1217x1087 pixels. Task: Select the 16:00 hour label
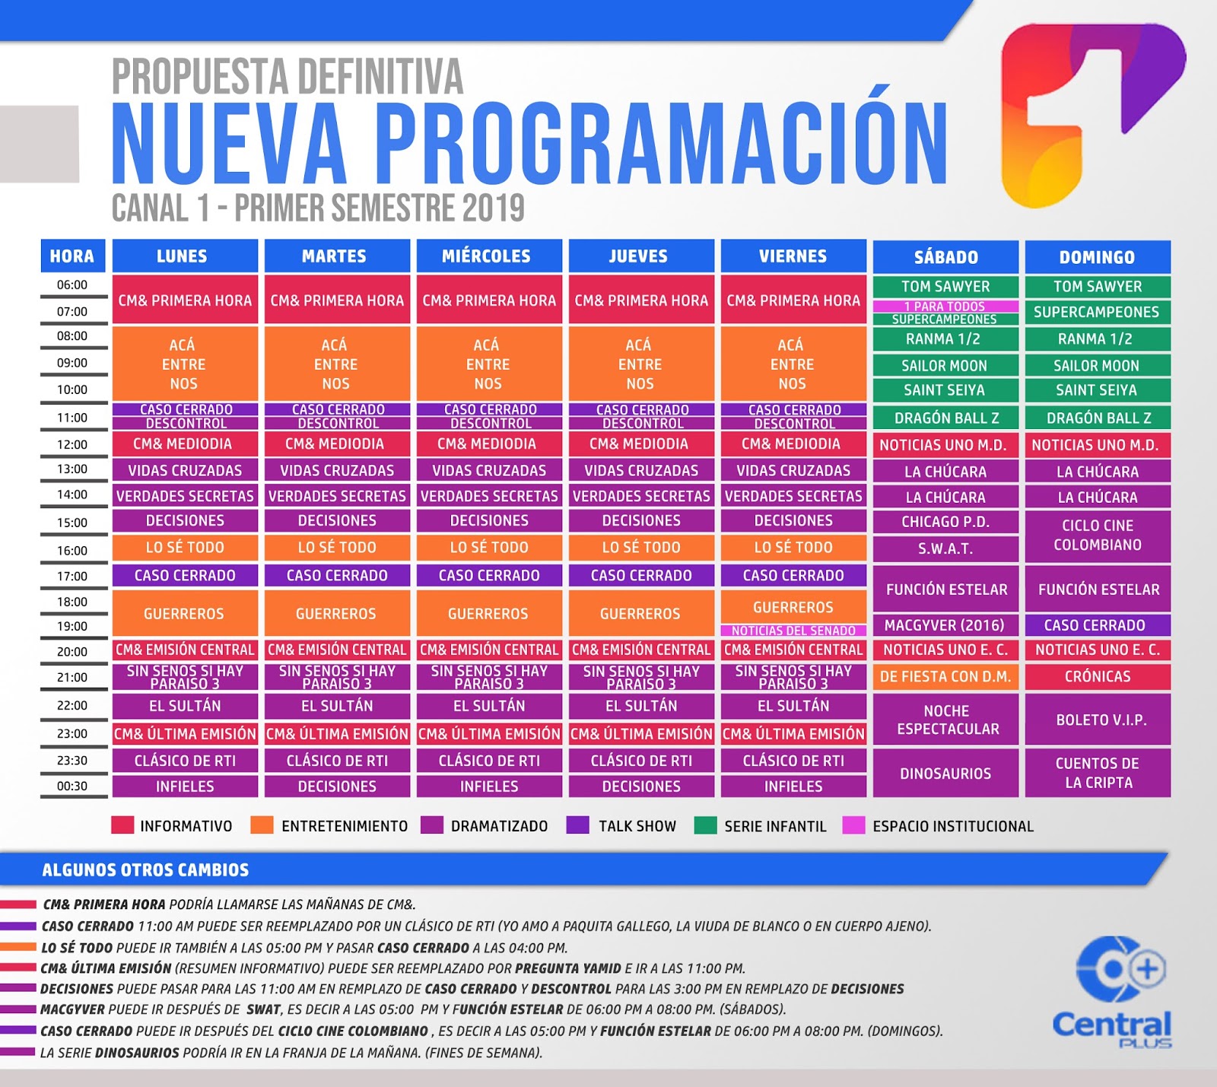tap(72, 550)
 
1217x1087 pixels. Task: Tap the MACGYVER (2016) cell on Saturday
tap(945, 625)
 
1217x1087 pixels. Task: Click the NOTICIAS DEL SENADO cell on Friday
tap(793, 631)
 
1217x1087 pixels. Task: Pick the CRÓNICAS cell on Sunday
tap(1097, 676)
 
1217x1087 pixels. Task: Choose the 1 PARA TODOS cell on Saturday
tap(945, 306)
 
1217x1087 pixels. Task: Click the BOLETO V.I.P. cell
tap(1097, 720)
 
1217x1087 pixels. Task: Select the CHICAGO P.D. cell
tap(945, 522)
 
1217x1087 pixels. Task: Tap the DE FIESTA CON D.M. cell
tap(945, 676)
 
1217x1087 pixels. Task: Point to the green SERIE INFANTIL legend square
tap(705, 825)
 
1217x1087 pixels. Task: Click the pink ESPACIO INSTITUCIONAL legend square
tap(853, 825)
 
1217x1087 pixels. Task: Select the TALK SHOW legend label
tap(637, 826)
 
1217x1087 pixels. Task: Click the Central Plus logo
tap(1113, 993)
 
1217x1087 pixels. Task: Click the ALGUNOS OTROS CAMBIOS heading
tap(145, 870)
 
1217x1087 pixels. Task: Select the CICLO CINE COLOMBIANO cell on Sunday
tap(1097, 535)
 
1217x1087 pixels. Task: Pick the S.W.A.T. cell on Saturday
tap(945, 548)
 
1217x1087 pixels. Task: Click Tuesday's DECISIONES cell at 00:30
tap(336, 787)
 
